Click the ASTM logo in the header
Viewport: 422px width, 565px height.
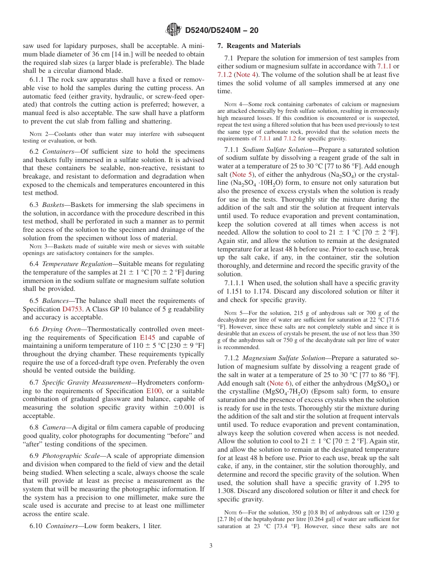[173, 29]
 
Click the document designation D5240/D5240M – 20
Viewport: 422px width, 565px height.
[221, 30]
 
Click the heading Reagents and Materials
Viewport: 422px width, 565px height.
[259, 46]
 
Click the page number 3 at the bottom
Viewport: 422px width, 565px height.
[211, 546]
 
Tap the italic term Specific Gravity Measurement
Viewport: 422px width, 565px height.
[87, 382]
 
